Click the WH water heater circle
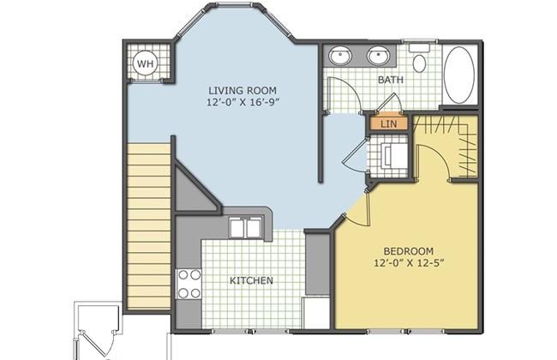[x=146, y=64]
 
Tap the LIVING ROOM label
[x=243, y=90]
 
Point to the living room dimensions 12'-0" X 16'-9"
[x=243, y=102]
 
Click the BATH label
[x=391, y=80]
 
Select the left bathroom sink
[x=340, y=56]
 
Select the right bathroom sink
[x=379, y=56]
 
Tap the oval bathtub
[x=459, y=75]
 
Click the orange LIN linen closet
[x=389, y=123]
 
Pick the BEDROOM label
[x=409, y=251]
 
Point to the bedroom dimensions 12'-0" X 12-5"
[x=410, y=263]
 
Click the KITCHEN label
[x=251, y=280]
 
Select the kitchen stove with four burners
[x=189, y=284]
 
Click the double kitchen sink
[x=245, y=228]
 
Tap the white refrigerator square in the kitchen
[x=316, y=313]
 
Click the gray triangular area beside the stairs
[x=194, y=192]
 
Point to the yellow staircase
[x=149, y=226]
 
